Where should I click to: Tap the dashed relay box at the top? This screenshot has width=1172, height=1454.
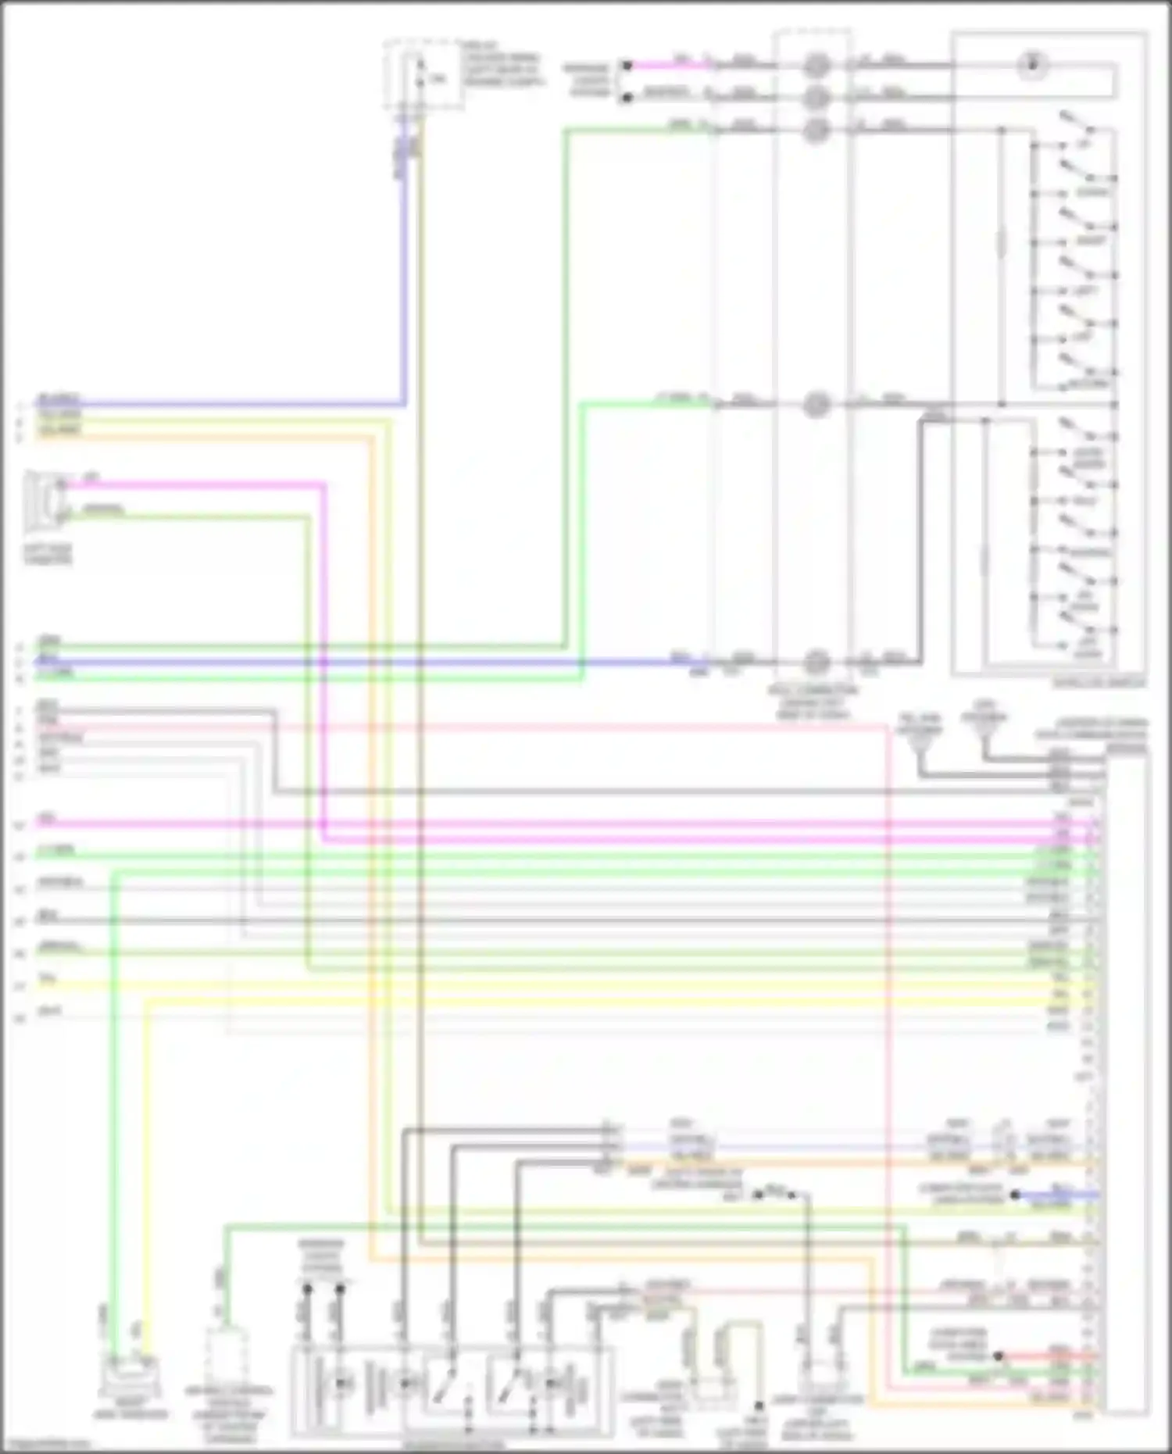423,74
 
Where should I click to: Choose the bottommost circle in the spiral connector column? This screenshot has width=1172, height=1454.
816,662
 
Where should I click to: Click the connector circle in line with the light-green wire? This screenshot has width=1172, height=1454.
816,405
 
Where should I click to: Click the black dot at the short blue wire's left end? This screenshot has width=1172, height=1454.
1014,1195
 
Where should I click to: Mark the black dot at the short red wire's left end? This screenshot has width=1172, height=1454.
998,1356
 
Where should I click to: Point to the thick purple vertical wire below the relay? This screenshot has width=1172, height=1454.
404,273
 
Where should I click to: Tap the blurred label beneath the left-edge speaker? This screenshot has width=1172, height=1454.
47,555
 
